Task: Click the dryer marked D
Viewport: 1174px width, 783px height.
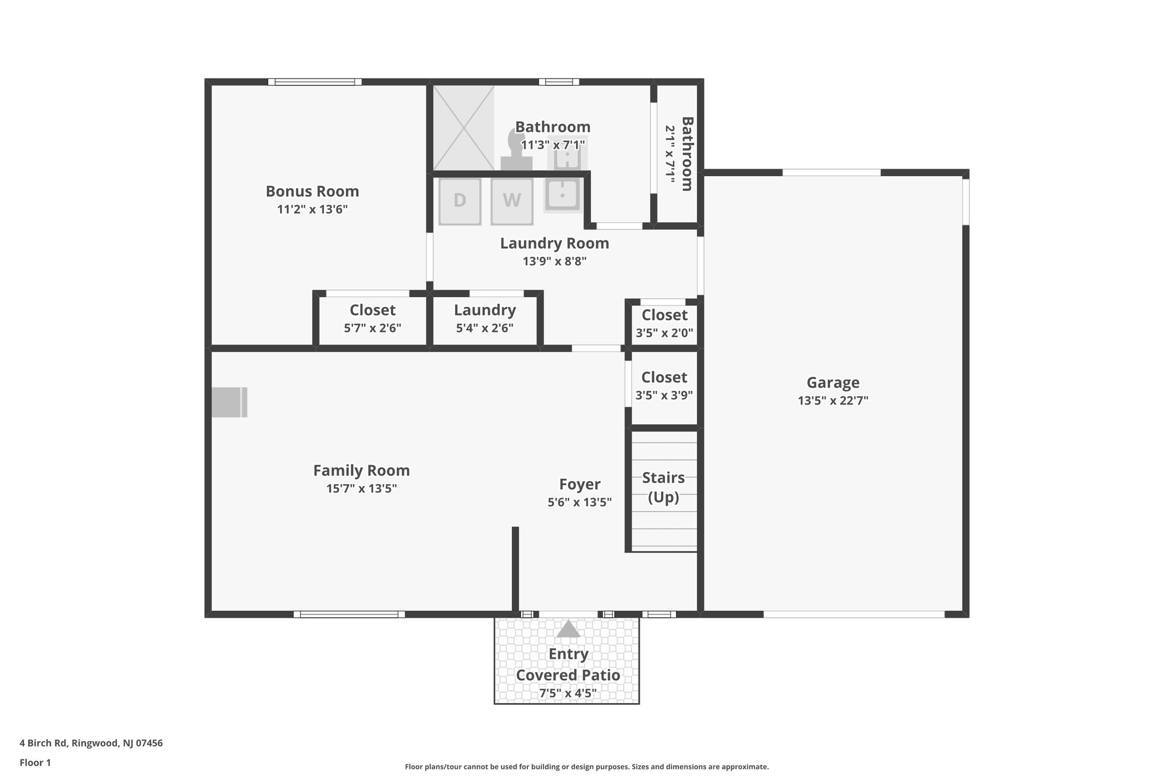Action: (460, 201)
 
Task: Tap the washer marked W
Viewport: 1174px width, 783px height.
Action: (512, 201)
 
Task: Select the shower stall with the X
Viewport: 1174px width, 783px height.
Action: (463, 128)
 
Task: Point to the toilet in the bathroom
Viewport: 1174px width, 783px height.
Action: (515, 150)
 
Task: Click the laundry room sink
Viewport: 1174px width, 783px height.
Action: (562, 194)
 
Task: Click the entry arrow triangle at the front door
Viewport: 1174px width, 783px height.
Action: (568, 629)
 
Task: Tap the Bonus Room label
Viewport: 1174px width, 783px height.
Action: (312, 192)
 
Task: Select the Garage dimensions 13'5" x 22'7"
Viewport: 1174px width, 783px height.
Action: (833, 401)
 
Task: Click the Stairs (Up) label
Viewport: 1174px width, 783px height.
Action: (663, 487)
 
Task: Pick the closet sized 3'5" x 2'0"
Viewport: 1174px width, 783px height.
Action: (664, 324)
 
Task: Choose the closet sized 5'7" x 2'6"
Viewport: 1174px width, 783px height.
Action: (373, 319)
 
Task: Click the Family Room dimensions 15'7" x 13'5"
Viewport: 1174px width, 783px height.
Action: (362, 489)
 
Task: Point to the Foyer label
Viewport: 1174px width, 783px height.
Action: (580, 484)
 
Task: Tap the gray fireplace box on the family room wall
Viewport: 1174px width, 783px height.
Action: (229, 402)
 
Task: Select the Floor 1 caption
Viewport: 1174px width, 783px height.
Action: (36, 763)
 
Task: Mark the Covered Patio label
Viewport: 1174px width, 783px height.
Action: (568, 675)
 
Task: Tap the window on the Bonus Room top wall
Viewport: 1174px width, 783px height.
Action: (315, 82)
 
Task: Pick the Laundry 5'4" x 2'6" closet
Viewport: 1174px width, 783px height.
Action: (485, 319)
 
